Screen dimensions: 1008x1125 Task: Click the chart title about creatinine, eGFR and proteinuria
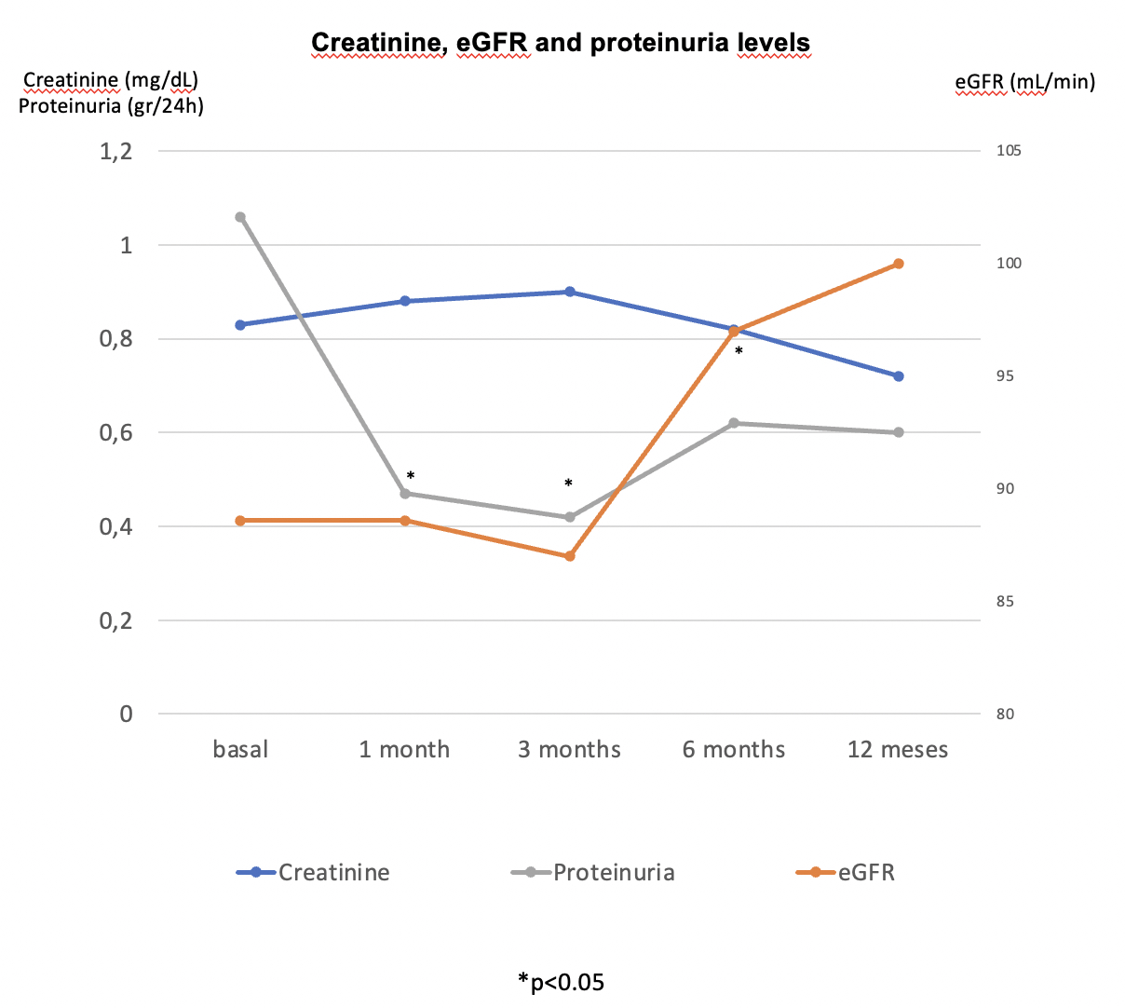coord(560,43)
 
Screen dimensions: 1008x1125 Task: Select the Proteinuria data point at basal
coord(240,217)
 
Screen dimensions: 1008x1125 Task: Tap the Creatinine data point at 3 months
coord(570,292)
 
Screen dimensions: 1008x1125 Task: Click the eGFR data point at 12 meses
coord(899,264)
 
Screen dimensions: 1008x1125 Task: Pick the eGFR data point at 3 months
coord(570,556)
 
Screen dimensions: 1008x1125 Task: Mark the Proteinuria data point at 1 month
coord(405,493)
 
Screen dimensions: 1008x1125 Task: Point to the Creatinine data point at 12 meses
coord(899,376)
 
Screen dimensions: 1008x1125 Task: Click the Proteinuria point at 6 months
coord(734,423)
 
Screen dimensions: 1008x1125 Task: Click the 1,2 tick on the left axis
coord(116,151)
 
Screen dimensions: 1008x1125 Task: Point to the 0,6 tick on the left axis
coord(116,432)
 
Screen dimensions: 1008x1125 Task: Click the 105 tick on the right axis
coord(1009,151)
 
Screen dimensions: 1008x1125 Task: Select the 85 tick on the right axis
coord(1005,602)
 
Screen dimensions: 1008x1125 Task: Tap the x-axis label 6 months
coord(734,750)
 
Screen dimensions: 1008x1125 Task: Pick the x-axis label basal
coord(240,750)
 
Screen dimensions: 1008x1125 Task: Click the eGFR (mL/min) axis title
coord(1024,82)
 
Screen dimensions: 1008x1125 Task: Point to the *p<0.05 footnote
coord(561,981)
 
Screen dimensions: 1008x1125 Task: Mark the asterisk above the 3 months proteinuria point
coord(568,484)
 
